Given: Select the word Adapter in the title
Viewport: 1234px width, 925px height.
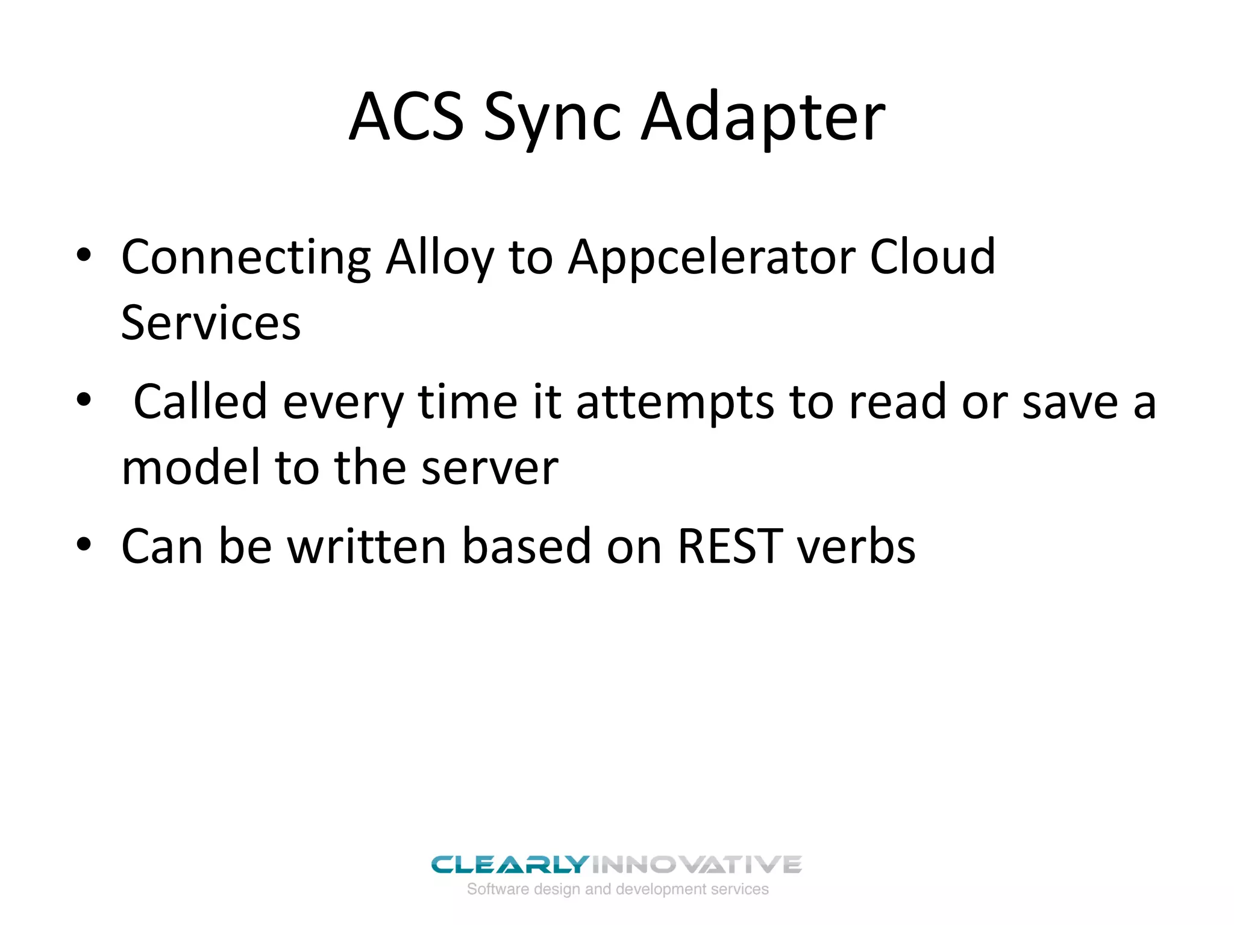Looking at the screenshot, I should point(762,118).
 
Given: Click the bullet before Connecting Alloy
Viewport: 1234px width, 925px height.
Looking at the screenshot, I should point(84,255).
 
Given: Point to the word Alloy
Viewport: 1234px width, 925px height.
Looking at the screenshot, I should point(439,258).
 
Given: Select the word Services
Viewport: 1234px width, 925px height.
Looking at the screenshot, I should point(210,323).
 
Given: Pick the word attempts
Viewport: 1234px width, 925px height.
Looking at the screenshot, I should point(675,402).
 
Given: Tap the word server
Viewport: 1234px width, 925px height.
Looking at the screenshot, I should point(489,469).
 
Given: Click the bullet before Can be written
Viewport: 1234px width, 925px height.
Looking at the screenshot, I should point(84,544).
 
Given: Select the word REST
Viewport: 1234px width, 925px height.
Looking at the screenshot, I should point(730,546).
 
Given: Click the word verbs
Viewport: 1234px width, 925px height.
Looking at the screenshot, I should point(856,546).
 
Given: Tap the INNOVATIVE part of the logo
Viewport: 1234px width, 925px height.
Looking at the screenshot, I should point(697,865).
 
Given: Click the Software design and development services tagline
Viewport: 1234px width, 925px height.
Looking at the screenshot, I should point(618,889).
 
